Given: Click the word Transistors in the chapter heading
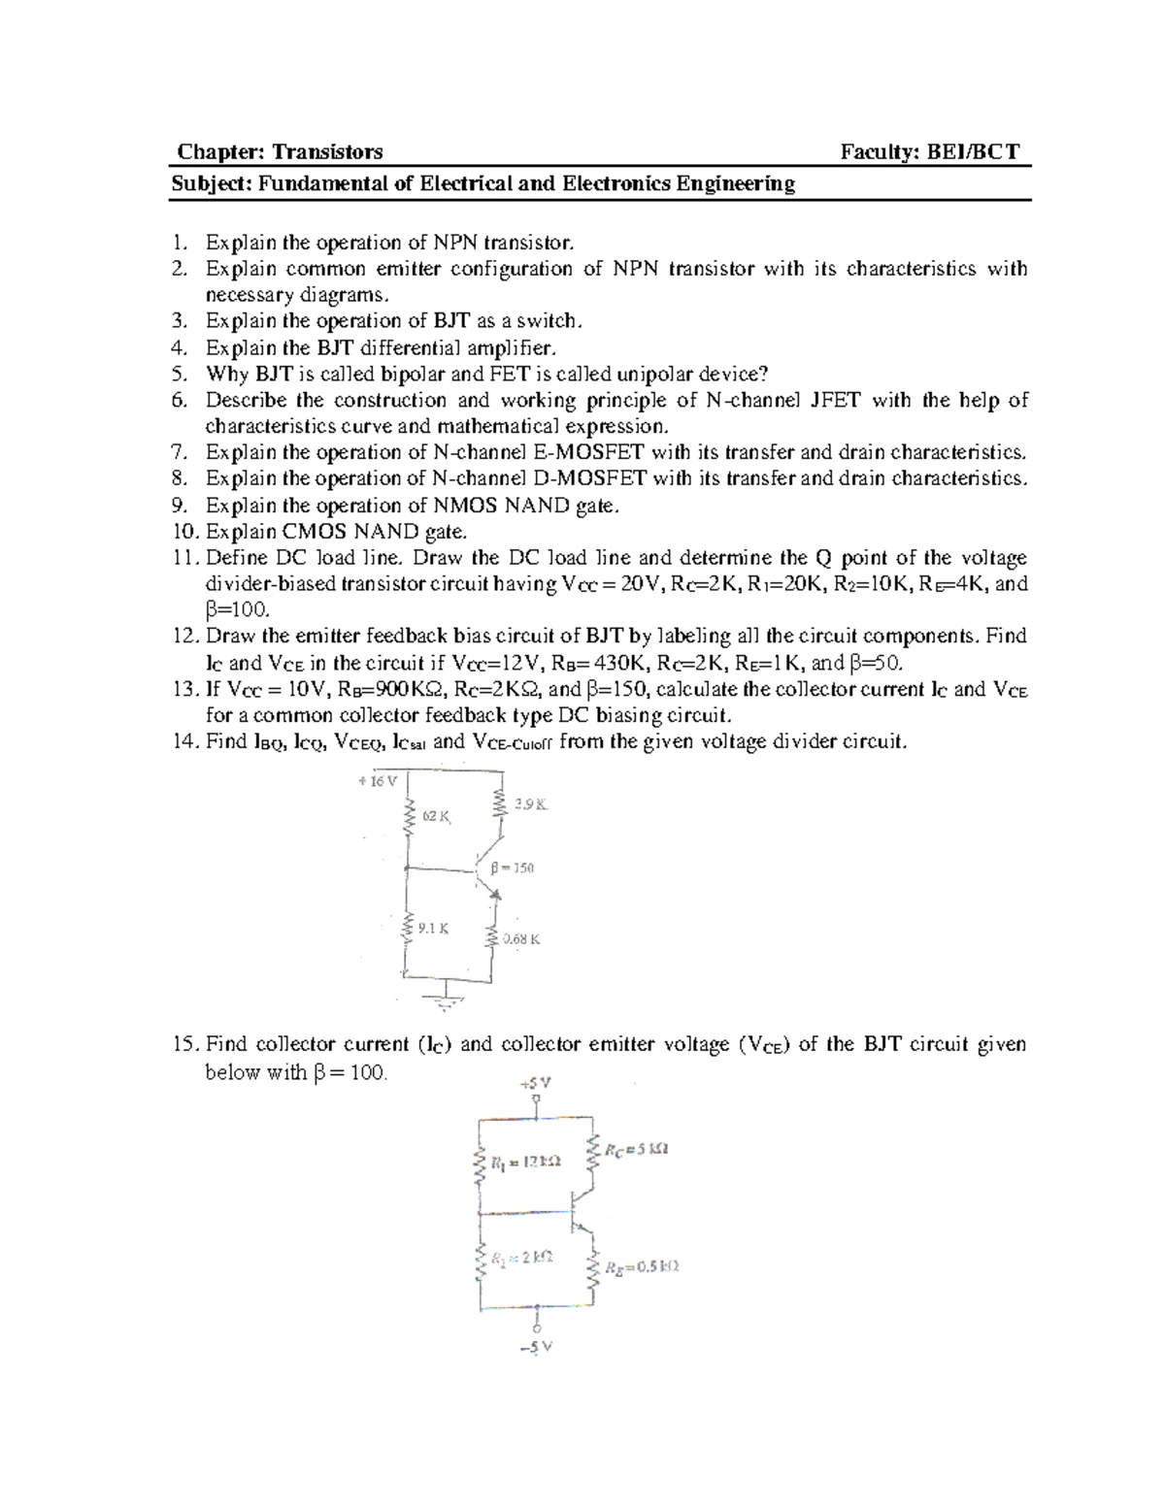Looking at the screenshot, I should (327, 151).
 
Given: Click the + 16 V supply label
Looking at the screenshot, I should (378, 780).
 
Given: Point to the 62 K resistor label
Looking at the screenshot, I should (437, 816).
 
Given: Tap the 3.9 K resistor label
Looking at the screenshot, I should (532, 803).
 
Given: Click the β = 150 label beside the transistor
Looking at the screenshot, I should (513, 868).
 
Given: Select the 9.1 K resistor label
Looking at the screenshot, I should (433, 928).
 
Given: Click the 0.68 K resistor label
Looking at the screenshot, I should (520, 938).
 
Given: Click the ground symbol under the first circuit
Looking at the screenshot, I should (446, 999).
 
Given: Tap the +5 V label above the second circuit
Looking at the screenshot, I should (536, 1082).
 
